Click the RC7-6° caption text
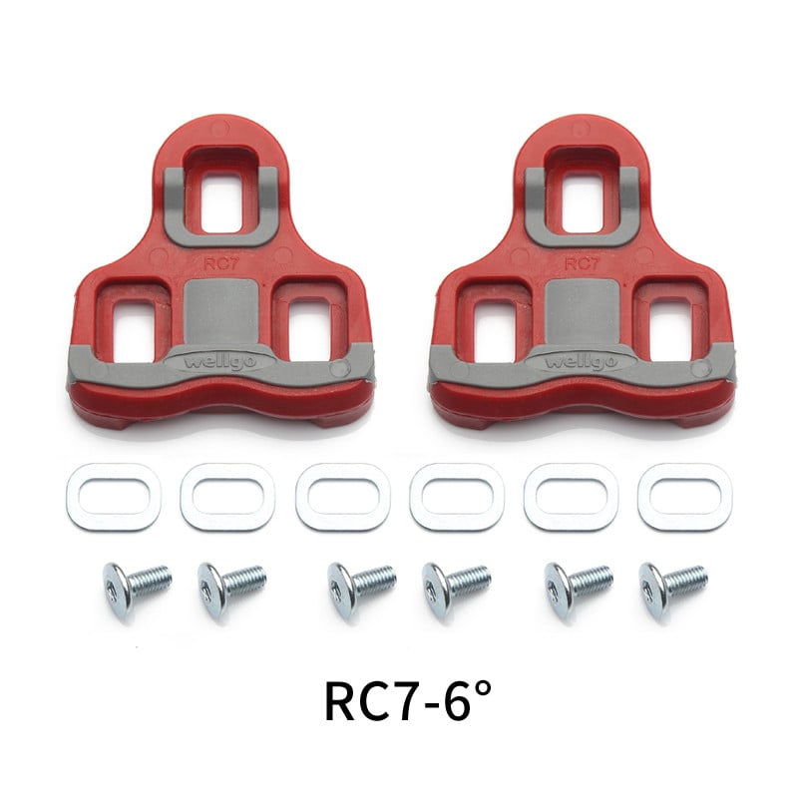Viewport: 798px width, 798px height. [408, 701]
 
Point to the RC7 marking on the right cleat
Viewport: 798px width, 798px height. [581, 265]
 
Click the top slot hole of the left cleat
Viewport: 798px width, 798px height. [221, 200]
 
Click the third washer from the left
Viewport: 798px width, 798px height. [342, 497]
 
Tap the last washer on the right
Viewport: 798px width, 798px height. [685, 497]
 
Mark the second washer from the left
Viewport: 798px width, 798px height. [227, 497]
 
